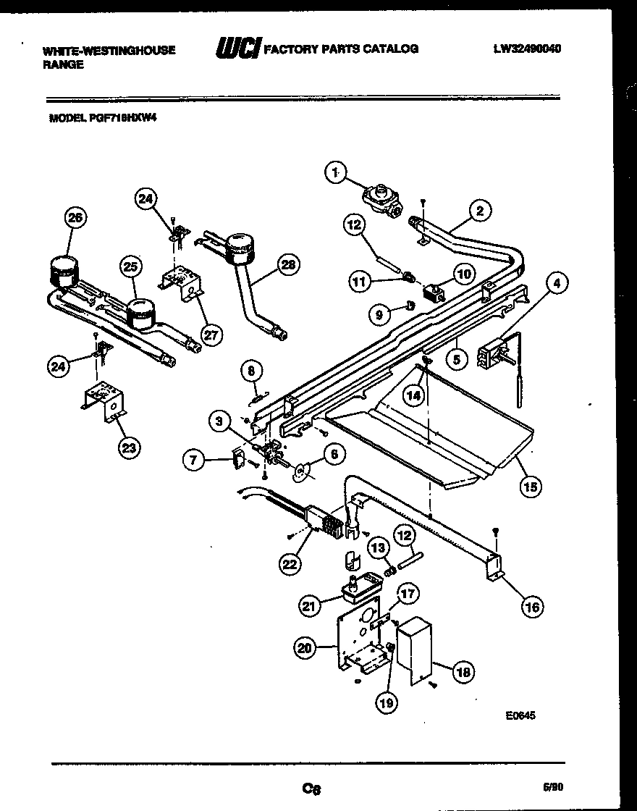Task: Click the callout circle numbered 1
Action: [334, 172]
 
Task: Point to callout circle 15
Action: [531, 487]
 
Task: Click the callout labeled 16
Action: [532, 607]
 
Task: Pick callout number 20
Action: [305, 649]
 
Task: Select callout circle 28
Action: [288, 266]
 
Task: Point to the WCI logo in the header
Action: [238, 49]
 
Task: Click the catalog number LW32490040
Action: [528, 49]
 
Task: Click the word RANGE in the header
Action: [64, 64]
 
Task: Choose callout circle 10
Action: [463, 273]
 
